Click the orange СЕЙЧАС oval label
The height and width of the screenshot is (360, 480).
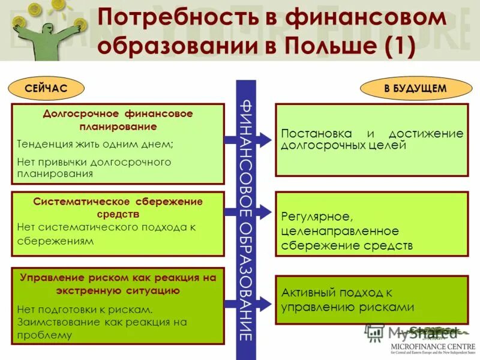pos(46,88)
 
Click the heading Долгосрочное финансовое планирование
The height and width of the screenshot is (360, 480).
pos(118,119)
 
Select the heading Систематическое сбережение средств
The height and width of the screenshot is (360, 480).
pos(118,207)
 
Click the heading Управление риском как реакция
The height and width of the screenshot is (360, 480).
pos(118,284)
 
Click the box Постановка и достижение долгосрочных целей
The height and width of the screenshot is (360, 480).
pos(371,140)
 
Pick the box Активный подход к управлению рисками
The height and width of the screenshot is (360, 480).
pos(371,300)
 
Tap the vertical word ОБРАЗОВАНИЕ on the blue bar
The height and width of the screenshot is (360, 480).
pos(246,282)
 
